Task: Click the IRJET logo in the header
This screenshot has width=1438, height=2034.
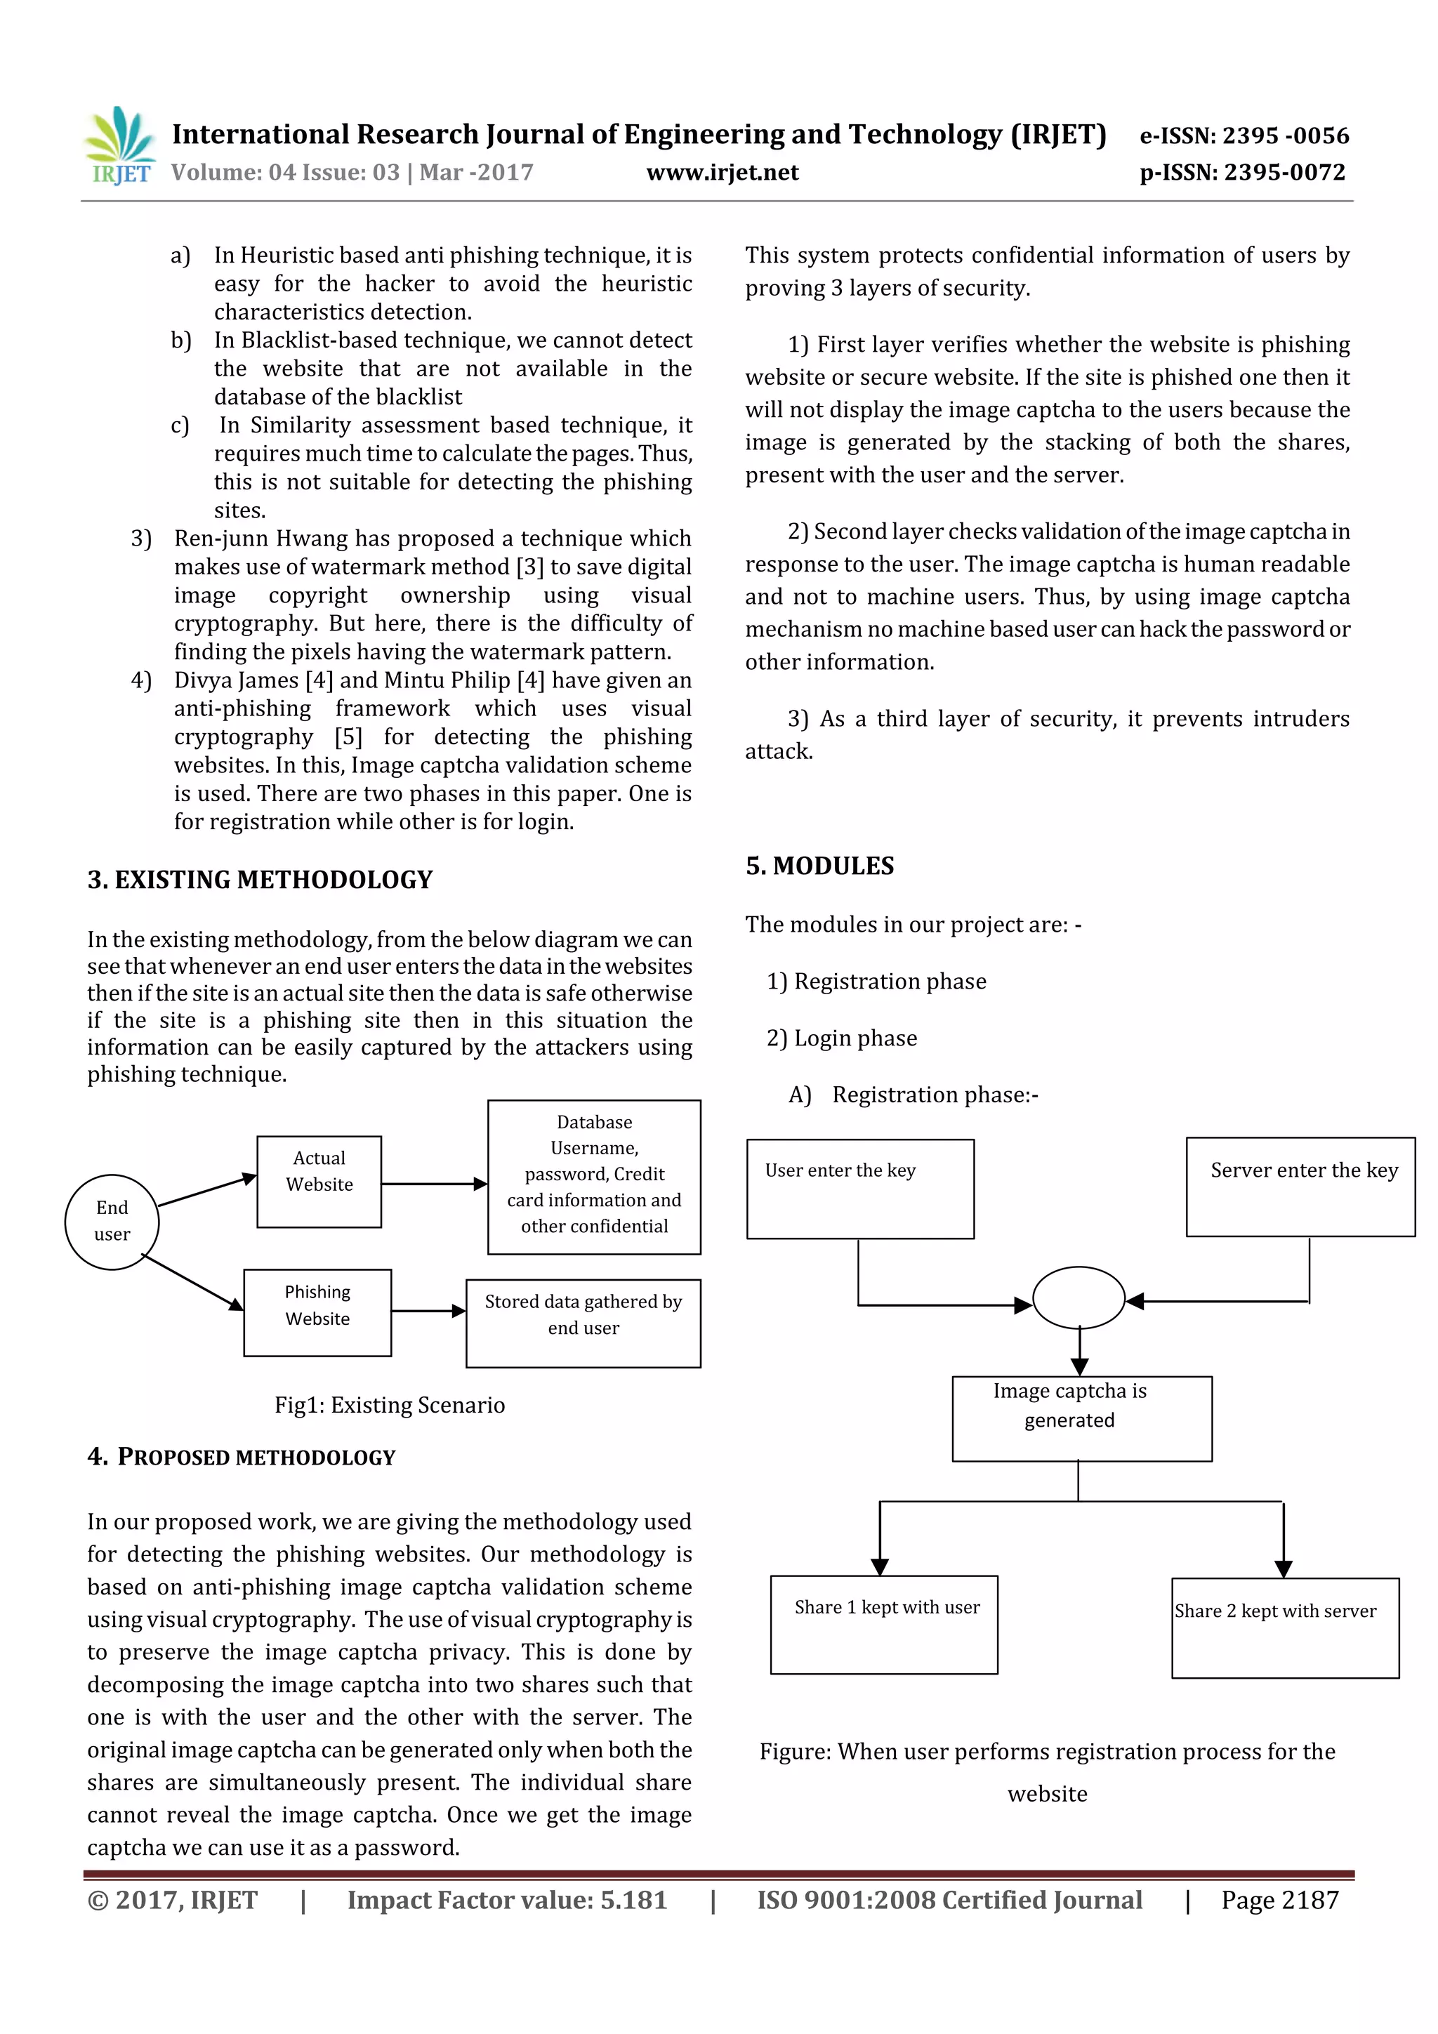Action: pos(121,146)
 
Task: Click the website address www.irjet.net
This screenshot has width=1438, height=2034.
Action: pos(722,172)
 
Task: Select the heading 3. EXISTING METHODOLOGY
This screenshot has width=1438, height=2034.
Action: pos(260,880)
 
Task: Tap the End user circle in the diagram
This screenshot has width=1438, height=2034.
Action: pos(112,1222)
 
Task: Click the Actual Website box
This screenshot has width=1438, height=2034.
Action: pos(319,1182)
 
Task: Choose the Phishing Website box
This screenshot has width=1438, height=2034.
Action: pos(317,1312)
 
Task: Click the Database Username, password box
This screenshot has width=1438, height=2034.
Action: pos(593,1177)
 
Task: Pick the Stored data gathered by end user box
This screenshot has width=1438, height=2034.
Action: pos(583,1323)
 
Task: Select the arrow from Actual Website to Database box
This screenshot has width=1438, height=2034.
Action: pos(433,1184)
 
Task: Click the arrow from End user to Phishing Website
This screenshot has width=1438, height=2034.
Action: pos(192,1282)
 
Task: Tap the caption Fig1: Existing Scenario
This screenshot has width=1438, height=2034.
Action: pos(390,1405)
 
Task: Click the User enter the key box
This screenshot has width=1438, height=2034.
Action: pos(859,1189)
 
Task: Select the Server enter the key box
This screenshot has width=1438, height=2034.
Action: pos(1300,1187)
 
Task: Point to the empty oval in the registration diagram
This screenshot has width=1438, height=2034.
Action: pos(1078,1297)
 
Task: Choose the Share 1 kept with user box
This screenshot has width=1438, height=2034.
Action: pos(883,1625)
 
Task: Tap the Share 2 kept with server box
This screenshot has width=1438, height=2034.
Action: pos(1285,1628)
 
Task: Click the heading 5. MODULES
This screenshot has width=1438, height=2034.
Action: pos(819,866)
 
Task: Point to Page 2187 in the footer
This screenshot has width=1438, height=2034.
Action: pos(1279,1900)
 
